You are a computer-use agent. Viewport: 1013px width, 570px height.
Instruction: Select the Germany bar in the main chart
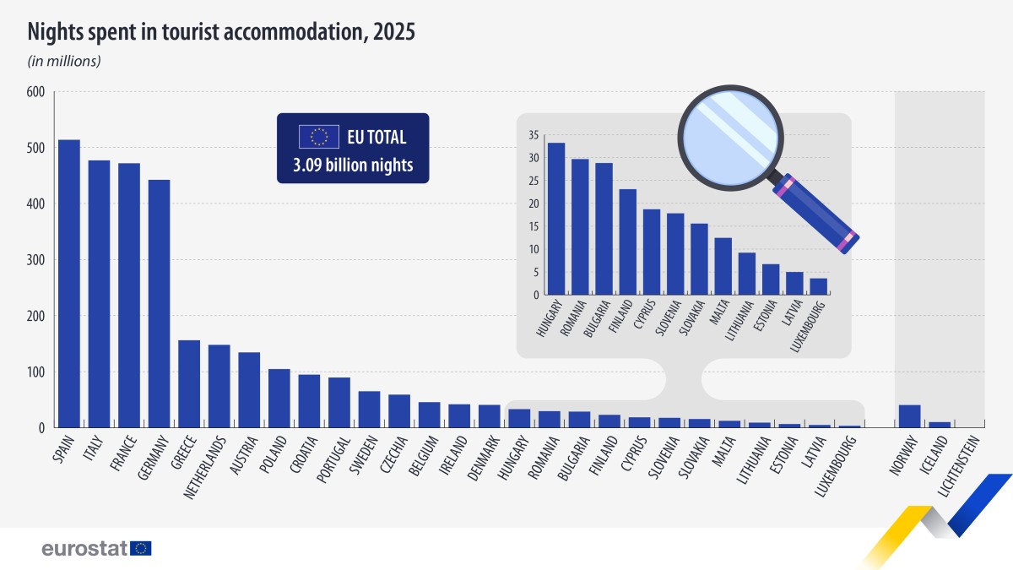(159, 304)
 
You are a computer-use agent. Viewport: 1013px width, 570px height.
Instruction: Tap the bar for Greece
(189, 384)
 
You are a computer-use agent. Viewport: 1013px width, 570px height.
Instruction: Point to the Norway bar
(909, 416)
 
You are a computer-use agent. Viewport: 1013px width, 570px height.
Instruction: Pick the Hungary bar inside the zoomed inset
(556, 219)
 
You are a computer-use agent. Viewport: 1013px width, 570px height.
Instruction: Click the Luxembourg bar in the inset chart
(818, 286)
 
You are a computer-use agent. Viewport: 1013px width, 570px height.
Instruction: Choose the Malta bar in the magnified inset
(723, 266)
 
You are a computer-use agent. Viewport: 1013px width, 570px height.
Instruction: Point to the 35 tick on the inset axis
(533, 135)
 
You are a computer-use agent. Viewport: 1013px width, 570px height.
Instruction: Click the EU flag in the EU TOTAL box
(319, 137)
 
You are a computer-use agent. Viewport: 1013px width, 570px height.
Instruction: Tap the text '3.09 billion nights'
(353, 166)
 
